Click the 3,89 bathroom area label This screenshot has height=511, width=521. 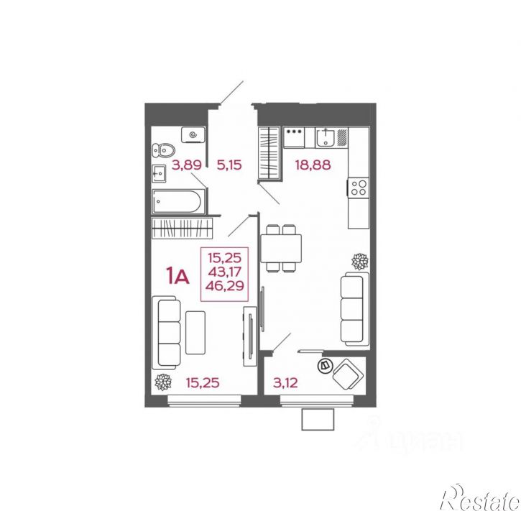[x=186, y=165]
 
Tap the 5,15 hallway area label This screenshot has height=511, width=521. [x=229, y=165]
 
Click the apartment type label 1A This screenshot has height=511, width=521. [x=177, y=276]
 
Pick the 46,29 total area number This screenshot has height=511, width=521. [x=226, y=285]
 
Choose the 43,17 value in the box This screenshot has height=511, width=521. [x=226, y=271]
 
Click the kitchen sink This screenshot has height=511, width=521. [x=326, y=135]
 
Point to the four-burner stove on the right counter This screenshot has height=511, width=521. [x=358, y=188]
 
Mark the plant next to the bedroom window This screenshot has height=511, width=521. [x=162, y=382]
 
